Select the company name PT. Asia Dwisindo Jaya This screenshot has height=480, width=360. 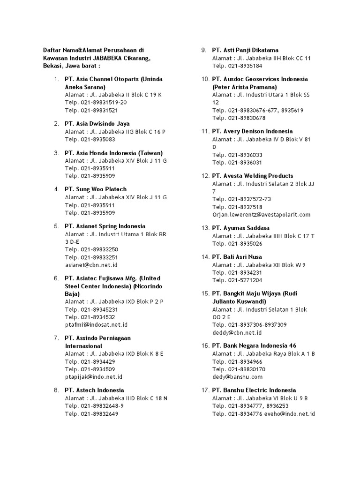point(97,124)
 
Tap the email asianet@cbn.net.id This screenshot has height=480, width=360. point(91,265)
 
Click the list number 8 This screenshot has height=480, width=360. point(56,390)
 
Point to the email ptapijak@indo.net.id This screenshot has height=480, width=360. point(94,376)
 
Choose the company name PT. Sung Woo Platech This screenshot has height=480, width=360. point(96,189)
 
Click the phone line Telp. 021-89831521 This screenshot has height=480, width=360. point(91,110)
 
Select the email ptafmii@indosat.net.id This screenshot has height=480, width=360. point(96,324)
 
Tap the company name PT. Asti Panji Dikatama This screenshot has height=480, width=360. point(245,50)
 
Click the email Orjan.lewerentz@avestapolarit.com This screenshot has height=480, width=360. point(261,215)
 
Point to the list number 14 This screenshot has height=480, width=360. point(205,257)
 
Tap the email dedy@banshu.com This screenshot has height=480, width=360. point(237,376)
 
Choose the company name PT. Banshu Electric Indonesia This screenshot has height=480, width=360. point(254,390)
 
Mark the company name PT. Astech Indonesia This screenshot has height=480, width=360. point(94,390)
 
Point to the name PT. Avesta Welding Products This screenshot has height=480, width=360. point(253,176)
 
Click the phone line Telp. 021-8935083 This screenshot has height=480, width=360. point(90,139)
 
